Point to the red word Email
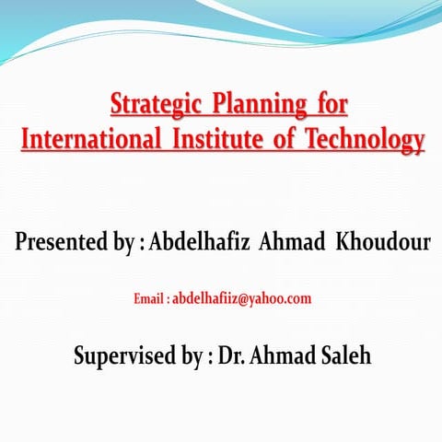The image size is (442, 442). (149, 298)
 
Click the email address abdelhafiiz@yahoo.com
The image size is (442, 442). (242, 298)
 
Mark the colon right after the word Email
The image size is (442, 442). (169, 299)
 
